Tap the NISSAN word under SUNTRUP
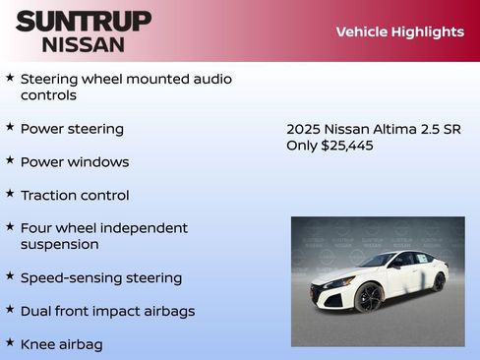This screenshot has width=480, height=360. point(84,43)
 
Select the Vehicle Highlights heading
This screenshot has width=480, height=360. point(399,31)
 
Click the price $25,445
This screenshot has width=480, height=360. point(347,146)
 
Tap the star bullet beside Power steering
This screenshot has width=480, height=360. point(10,127)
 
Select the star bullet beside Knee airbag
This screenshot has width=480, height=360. point(10,343)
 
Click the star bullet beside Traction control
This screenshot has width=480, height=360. point(10,194)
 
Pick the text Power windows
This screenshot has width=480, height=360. point(75,161)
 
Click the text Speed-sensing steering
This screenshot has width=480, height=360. point(101,277)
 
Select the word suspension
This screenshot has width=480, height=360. point(59,244)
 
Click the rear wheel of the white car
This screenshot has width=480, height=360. point(438,282)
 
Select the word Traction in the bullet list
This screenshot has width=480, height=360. point(49,195)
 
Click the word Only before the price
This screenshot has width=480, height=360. point(302,146)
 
